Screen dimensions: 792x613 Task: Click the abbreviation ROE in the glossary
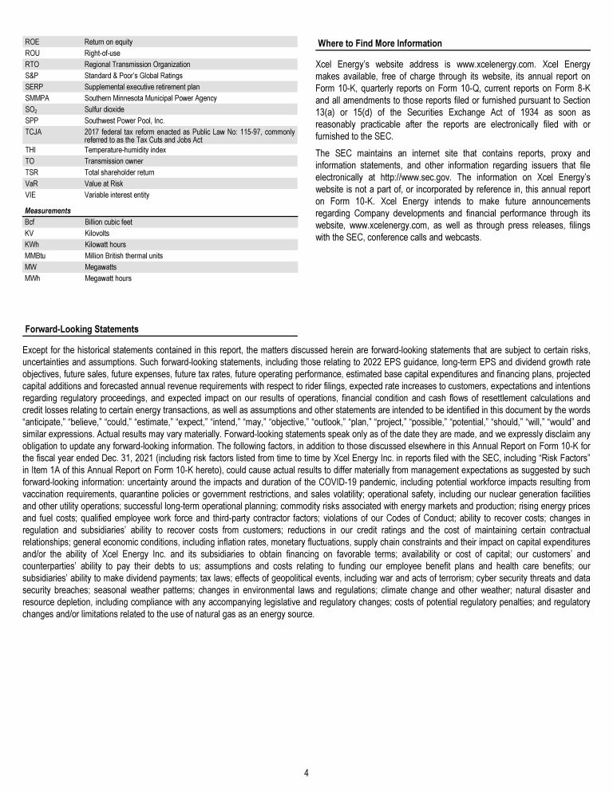coord(33,41)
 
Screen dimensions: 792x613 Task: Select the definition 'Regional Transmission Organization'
coord(137,64)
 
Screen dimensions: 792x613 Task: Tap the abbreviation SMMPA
coord(38,97)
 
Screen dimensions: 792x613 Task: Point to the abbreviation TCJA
coord(34,131)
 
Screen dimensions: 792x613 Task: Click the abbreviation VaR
coord(33,183)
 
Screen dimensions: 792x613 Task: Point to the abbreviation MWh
coord(34,278)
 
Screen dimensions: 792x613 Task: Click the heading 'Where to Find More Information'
coord(379,43)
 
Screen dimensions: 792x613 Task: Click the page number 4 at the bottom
coord(306,773)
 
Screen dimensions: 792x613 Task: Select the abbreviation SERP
coord(34,86)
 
